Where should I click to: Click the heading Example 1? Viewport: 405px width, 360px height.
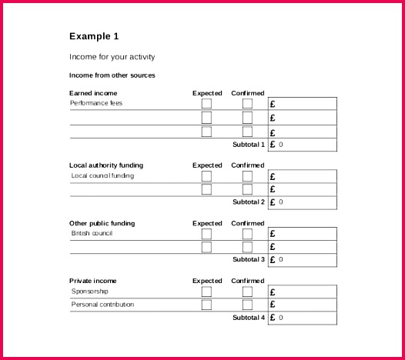(94, 36)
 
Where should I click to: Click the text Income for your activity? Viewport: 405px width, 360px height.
(112, 57)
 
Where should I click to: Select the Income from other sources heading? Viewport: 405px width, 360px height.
(112, 75)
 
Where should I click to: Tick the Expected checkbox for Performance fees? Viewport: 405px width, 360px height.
(206, 103)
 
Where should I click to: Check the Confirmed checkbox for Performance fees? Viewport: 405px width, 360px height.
(247, 103)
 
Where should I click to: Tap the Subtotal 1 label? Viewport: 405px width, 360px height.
(248, 145)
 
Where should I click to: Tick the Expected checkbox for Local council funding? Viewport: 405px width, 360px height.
(206, 176)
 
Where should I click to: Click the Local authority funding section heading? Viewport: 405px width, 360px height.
(106, 165)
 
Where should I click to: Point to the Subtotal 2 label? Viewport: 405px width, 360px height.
(248, 202)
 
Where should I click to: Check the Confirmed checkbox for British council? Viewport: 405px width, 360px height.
(247, 234)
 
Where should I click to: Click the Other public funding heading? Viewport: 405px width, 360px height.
(102, 223)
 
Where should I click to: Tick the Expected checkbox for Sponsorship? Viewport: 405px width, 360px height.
(206, 292)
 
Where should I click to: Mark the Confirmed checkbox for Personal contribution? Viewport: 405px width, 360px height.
(247, 305)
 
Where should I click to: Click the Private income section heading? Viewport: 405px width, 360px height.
(93, 281)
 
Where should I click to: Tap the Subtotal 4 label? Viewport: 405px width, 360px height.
(248, 318)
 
